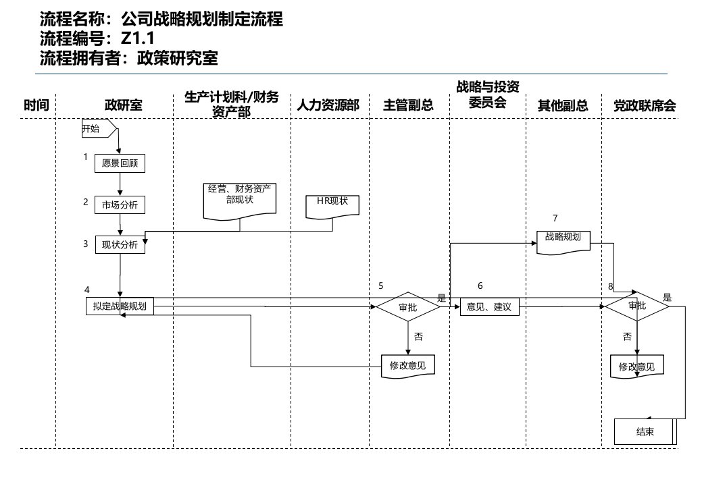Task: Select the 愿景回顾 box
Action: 120,163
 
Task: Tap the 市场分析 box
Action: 120,205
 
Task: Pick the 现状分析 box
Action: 120,245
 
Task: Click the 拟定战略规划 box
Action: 120,306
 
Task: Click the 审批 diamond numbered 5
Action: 407,307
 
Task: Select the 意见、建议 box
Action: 488,307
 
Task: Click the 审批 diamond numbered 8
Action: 636,306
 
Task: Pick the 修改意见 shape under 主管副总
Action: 407,365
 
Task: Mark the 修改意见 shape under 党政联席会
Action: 636,367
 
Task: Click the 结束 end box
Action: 645,432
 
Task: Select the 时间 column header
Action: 36,105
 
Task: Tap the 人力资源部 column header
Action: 328,105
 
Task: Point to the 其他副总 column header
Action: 562,105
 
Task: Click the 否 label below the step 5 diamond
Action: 418,335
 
